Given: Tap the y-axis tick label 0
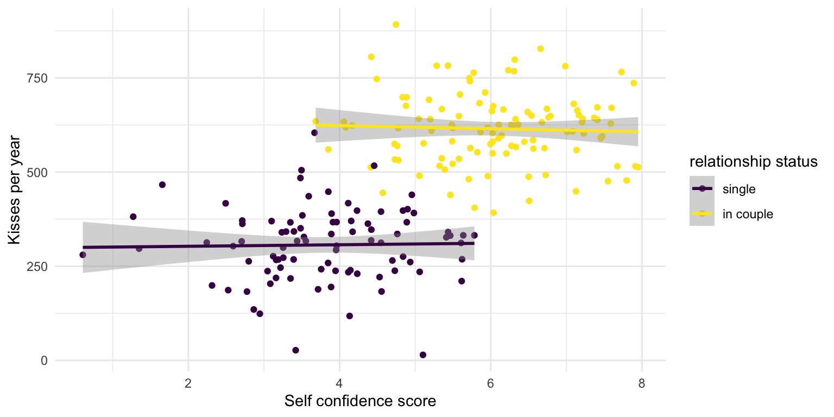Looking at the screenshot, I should click(x=43, y=361).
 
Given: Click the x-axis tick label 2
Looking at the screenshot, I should click(x=188, y=382).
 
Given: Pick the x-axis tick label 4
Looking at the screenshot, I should click(x=339, y=382).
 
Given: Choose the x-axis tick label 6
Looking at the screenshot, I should click(x=490, y=382).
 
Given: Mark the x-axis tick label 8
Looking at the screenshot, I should click(x=642, y=382).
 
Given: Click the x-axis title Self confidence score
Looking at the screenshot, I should click(x=360, y=402).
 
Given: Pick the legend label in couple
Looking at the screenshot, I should click(x=748, y=214).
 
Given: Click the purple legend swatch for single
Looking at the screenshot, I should click(x=703, y=188).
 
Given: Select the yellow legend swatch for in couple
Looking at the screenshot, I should click(x=703, y=213).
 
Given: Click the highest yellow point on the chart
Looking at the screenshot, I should click(x=396, y=24).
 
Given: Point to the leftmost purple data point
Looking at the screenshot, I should click(x=83, y=255).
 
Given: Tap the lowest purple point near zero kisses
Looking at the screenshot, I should click(x=423, y=355).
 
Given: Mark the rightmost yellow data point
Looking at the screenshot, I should click(x=639, y=167).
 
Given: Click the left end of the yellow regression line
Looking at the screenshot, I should click(x=317, y=125).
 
